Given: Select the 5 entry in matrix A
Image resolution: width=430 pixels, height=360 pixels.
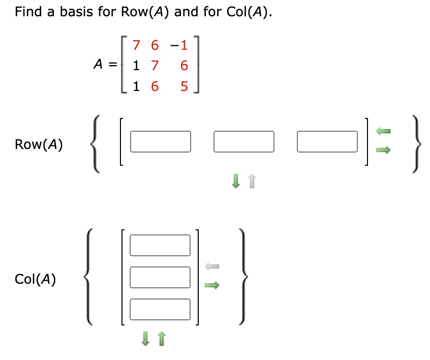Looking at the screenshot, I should pyautogui.click(x=183, y=87).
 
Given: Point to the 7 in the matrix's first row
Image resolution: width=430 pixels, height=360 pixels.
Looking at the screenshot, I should pyautogui.click(x=136, y=46).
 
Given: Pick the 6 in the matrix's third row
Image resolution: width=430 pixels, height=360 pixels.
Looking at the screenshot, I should pyautogui.click(x=153, y=87).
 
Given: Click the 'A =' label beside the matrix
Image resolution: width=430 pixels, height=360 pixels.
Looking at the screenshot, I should pyautogui.click(x=105, y=65).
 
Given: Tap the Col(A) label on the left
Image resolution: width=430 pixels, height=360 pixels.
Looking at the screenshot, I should pyautogui.click(x=36, y=279).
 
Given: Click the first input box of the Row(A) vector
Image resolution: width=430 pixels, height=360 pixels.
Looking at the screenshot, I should pyautogui.click(x=160, y=142).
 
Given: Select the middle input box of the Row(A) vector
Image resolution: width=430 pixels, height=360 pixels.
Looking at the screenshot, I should pyautogui.click(x=243, y=142).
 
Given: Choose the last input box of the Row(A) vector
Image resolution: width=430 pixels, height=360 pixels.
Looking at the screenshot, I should pyautogui.click(x=327, y=142).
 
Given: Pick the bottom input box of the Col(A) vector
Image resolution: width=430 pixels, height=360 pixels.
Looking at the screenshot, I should pyautogui.click(x=160, y=309).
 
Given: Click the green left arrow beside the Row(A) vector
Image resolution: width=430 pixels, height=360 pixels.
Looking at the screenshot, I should pyautogui.click(x=383, y=132).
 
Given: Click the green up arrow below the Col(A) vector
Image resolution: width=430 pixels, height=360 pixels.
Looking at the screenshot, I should pyautogui.click(x=162, y=337).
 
